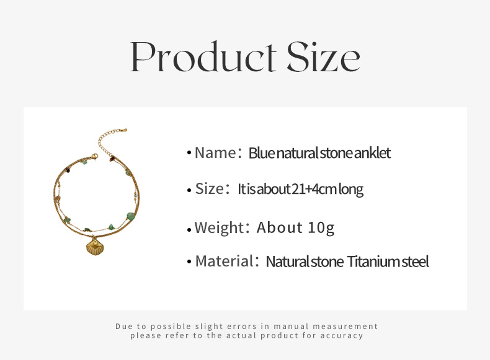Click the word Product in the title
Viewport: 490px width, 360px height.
(203, 56)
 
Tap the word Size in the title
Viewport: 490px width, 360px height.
(323, 56)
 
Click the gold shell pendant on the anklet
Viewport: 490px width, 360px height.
(95, 247)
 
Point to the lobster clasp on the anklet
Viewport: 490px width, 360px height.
(94, 156)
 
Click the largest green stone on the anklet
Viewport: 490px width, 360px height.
(131, 216)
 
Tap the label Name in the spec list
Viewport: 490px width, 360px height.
(215, 153)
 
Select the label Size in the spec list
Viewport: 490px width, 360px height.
(210, 189)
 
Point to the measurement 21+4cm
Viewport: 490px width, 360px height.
(313, 189)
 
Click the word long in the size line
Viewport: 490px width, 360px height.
(351, 190)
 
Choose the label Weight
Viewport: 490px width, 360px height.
(219, 227)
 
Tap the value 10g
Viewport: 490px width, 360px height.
(321, 228)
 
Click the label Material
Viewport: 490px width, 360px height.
(225, 261)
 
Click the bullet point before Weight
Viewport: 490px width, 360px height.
(189, 230)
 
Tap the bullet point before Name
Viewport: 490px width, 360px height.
(189, 152)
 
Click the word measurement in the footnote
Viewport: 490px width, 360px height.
(345, 327)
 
